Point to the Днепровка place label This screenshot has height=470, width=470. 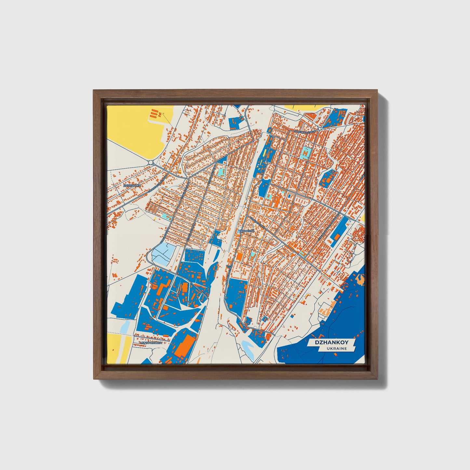pos(132,185)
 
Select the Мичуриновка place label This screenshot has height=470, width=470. pos(150,343)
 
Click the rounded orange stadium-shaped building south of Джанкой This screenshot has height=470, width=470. pos(239,257)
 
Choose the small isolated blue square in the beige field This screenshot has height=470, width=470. pos(291,315)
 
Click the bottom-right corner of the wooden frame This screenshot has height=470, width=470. pos(378,379)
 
